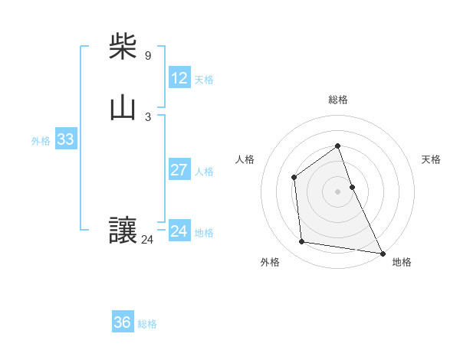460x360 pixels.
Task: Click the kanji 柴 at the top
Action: coord(123,47)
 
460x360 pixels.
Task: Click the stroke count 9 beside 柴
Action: coord(148,56)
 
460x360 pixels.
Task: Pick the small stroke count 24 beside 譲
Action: coord(147,240)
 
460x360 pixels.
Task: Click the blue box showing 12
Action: coord(179,78)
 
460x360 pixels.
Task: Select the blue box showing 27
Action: coord(179,170)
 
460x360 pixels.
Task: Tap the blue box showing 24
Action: coord(179,231)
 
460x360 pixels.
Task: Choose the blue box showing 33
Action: coord(65,139)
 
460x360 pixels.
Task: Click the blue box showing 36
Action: coord(123,322)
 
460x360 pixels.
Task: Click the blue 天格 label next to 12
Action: coord(204,80)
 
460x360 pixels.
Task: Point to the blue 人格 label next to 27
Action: coord(204,172)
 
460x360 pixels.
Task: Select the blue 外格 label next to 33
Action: coord(41,141)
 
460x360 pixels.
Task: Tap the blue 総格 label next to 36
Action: coord(147,324)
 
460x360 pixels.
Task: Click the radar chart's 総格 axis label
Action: coord(338,100)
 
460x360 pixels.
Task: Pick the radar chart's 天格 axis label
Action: coord(432,159)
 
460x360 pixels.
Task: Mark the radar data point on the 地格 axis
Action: coord(383,252)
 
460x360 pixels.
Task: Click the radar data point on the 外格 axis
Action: coord(302,242)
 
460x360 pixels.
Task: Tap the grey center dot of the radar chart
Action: coord(338,191)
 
